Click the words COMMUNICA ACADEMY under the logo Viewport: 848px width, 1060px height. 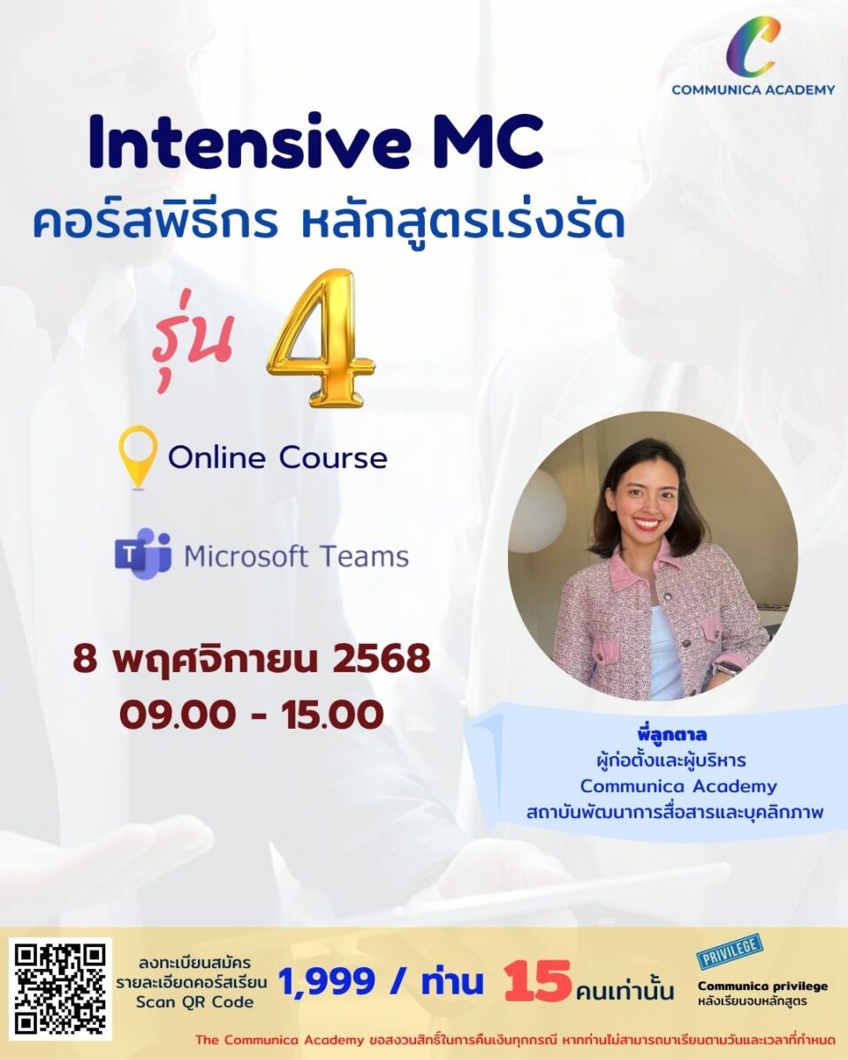753,89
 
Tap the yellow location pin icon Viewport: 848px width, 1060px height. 139,457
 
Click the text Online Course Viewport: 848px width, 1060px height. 277,458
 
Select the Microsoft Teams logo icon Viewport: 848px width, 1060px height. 143,553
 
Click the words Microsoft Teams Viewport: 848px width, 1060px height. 297,556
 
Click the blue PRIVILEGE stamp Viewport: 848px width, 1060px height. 730,950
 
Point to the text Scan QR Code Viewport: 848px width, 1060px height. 194,1002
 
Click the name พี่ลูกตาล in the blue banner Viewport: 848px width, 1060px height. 671,735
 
